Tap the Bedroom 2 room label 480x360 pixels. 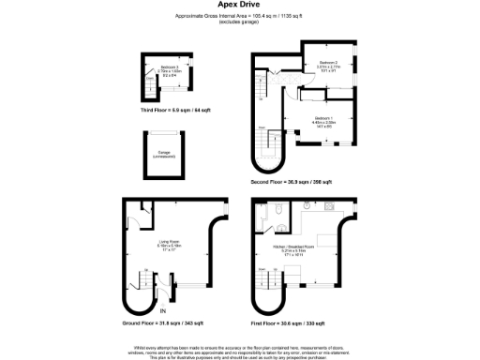(327, 64)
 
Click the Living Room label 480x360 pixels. (169, 246)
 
